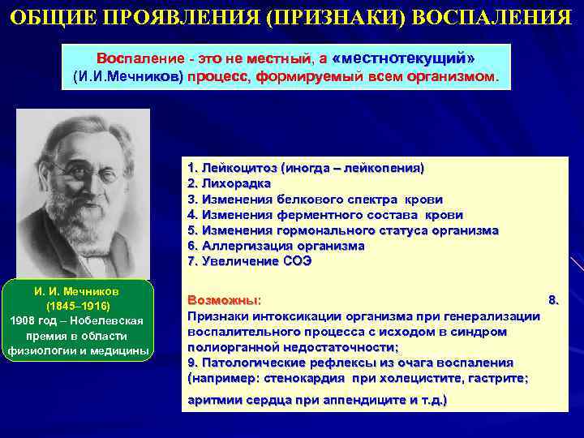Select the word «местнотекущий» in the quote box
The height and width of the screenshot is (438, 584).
404,59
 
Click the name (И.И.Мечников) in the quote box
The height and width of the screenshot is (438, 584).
128,77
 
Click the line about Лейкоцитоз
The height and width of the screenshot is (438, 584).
305,168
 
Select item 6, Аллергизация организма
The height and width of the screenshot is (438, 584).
276,245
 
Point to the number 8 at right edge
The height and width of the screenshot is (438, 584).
553,299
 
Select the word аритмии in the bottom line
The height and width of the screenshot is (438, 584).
213,401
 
